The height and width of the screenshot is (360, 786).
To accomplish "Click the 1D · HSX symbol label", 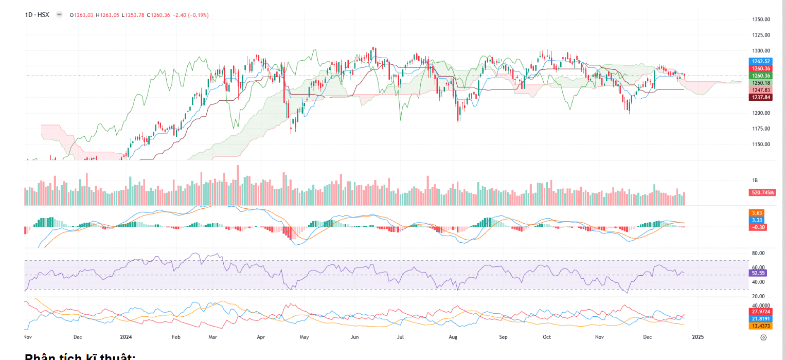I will click(37, 15).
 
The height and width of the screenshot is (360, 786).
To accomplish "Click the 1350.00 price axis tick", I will click(760, 20).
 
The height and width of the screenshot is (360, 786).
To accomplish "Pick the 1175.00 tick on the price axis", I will click(760, 129).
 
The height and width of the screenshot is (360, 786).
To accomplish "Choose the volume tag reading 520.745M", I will click(762, 192).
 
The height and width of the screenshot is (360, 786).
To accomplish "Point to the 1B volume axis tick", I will click(755, 181).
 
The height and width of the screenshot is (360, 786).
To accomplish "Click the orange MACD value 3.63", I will click(757, 213).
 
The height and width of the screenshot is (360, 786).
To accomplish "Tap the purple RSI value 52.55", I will click(759, 273).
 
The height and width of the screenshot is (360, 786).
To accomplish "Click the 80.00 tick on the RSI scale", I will click(758, 253).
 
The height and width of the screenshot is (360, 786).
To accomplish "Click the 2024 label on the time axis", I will click(126, 337).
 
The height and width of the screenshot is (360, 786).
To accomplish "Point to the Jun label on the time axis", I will click(354, 337).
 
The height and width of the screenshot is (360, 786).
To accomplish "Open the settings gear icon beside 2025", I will click(763, 337).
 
